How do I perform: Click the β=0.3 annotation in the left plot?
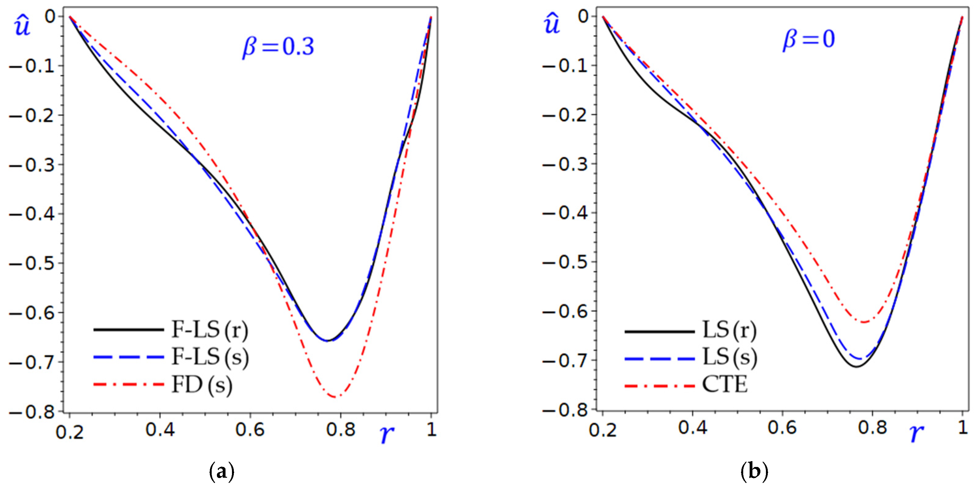[278, 47]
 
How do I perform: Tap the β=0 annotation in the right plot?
[809, 39]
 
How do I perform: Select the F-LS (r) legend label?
[210, 330]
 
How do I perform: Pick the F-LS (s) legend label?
[210, 357]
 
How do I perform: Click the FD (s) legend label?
[202, 385]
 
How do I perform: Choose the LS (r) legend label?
[729, 330]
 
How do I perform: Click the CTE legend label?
[725, 385]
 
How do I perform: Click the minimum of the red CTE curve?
[864, 322]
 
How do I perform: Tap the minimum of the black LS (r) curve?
[856, 366]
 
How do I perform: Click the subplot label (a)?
[222, 472]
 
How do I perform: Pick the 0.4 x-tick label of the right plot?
[693, 428]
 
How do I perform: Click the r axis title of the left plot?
[386, 434]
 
